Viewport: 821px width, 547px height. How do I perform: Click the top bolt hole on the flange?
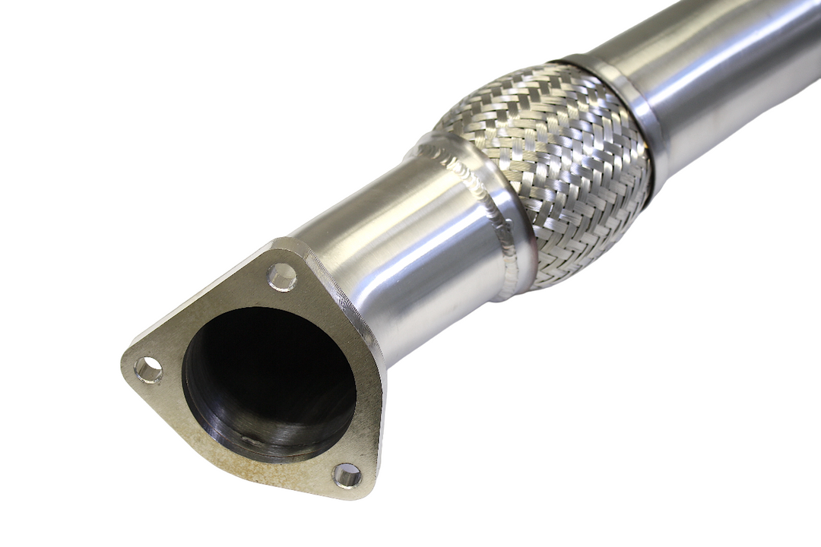(282, 277)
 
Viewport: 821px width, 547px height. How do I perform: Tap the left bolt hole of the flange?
(148, 370)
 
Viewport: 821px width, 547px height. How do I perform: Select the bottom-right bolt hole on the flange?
(347, 476)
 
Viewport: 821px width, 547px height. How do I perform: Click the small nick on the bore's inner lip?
(251, 439)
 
